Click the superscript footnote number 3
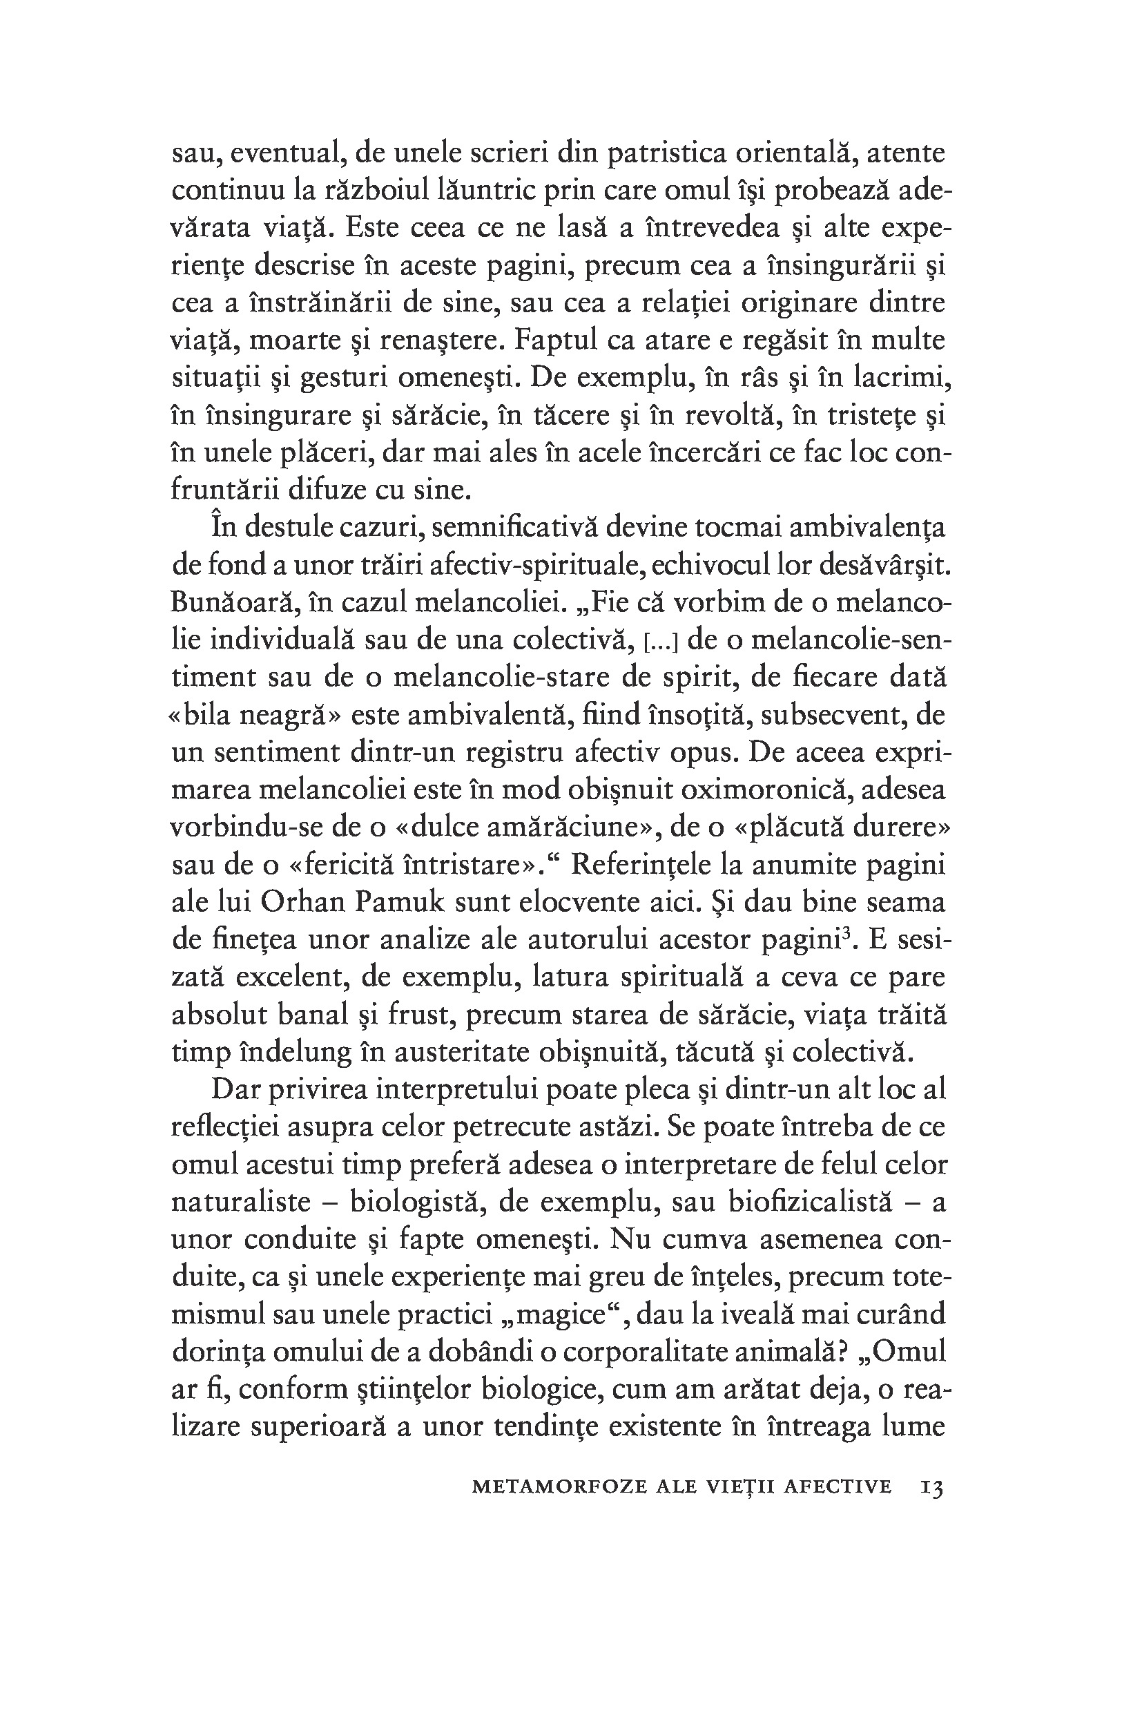(x=847, y=933)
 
